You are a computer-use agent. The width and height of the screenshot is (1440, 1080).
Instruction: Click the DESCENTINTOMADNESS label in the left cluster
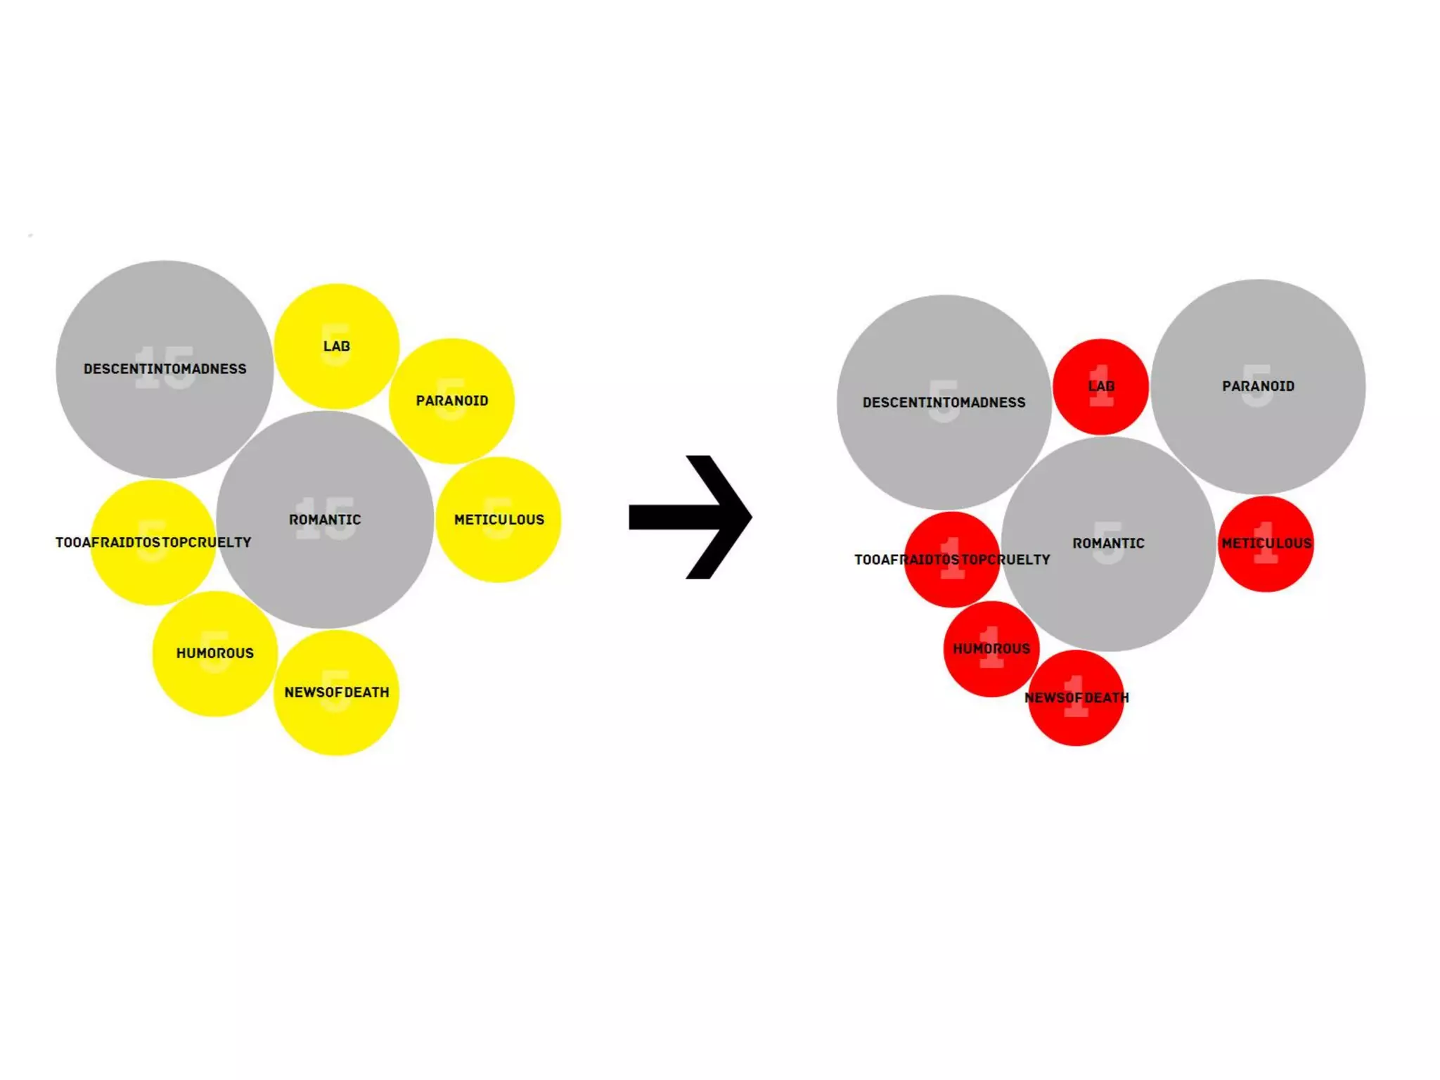(165, 368)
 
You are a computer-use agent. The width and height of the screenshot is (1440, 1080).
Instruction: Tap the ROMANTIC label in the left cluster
(325, 520)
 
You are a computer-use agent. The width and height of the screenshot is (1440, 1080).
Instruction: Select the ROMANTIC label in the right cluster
(1108, 543)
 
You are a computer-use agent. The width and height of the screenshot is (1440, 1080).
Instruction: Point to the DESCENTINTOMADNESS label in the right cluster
(944, 402)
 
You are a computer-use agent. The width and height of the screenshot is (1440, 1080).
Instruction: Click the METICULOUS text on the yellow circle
(499, 520)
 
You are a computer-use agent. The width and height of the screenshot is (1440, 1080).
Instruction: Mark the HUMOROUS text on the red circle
(991, 648)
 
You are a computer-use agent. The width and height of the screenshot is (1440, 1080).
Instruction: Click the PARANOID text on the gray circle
(1258, 386)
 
